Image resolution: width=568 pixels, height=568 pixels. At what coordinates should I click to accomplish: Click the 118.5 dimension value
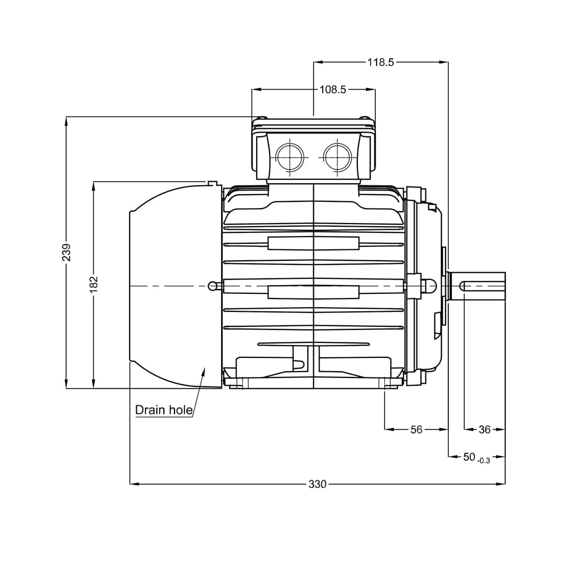coord(381,62)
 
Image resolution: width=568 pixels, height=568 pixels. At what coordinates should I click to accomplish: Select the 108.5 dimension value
coord(333,90)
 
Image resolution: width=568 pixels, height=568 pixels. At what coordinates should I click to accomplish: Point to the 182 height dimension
coord(93,285)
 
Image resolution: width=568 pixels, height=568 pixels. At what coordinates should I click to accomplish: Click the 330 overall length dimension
coord(318,484)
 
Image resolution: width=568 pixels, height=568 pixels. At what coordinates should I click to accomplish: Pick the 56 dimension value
coord(416,430)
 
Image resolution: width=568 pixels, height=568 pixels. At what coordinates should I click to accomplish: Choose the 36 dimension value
coord(484,430)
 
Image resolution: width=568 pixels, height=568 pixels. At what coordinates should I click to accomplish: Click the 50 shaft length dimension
coord(469,457)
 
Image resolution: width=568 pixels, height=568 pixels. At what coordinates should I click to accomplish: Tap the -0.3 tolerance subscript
coord(483,460)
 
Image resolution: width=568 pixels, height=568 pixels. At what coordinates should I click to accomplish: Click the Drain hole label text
coord(164,410)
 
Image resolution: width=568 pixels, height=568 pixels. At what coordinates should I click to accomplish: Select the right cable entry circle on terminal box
coord(337,156)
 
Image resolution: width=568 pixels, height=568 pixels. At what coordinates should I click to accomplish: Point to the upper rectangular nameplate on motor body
coord(313,243)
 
